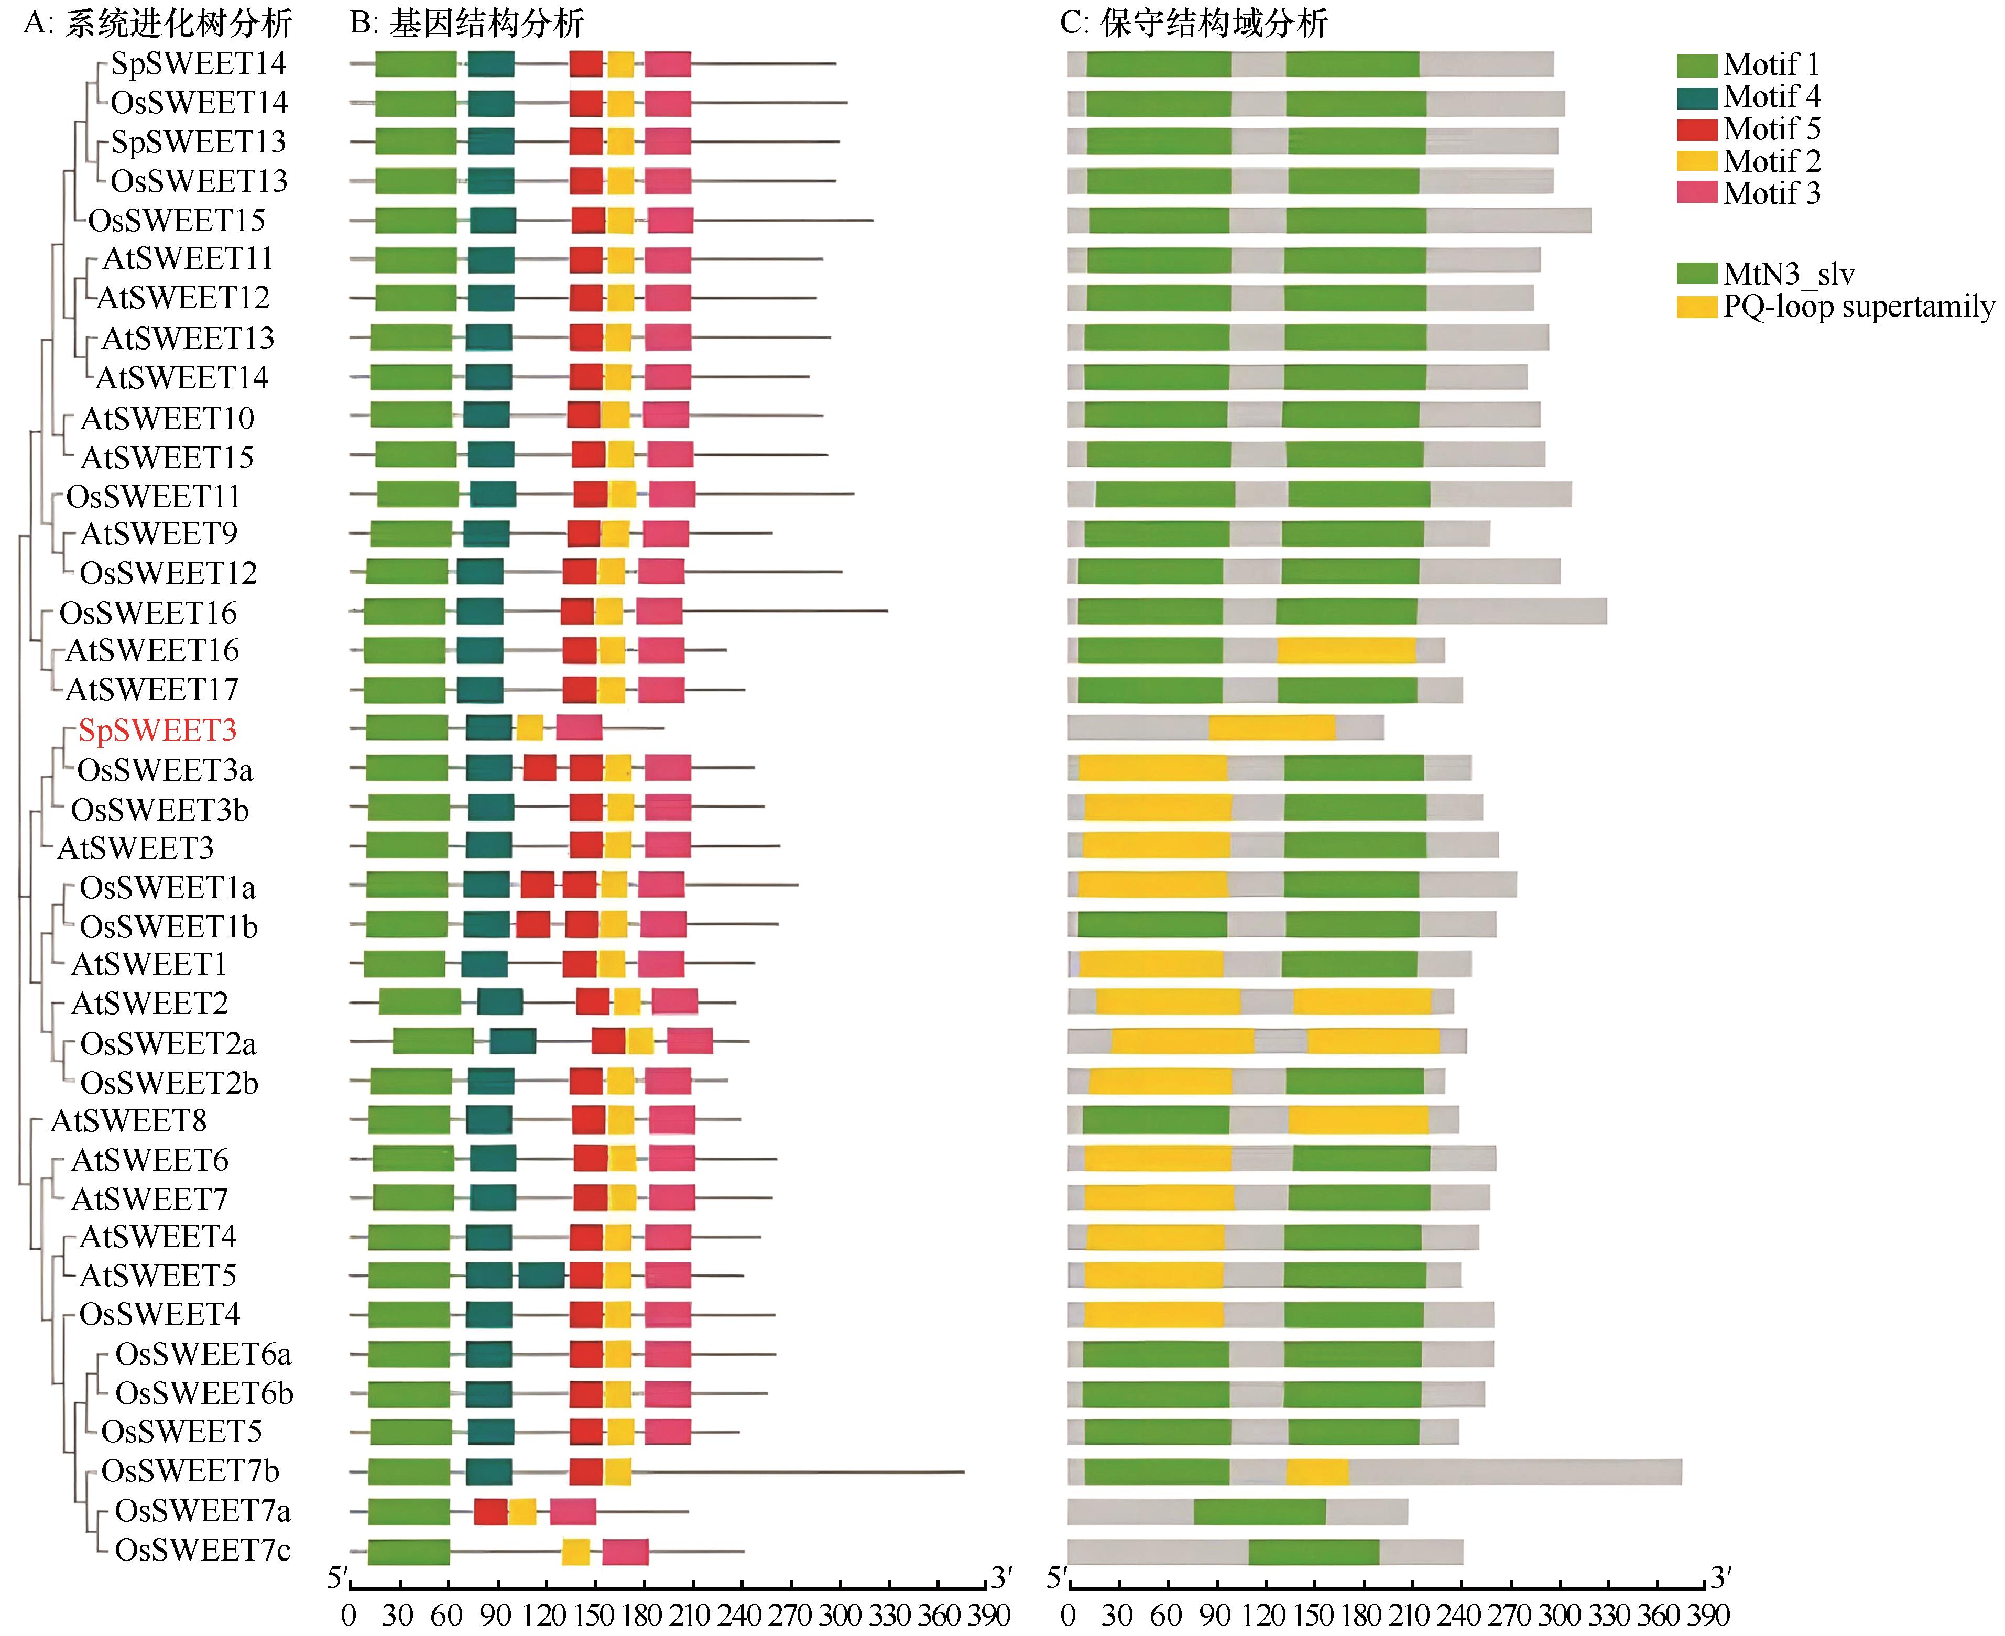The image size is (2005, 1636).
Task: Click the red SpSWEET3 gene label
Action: tap(157, 730)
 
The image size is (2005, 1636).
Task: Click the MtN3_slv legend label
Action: tap(1788, 274)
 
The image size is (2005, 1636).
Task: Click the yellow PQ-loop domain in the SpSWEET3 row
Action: tap(1272, 727)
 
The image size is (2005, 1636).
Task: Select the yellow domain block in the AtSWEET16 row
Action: tap(1345, 650)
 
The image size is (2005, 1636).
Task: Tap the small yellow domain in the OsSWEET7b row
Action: tap(1317, 1471)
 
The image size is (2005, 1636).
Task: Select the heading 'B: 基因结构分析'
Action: tap(467, 23)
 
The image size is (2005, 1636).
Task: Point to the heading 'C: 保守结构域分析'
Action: tap(1194, 23)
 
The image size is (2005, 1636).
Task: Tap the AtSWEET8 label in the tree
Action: tap(128, 1120)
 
